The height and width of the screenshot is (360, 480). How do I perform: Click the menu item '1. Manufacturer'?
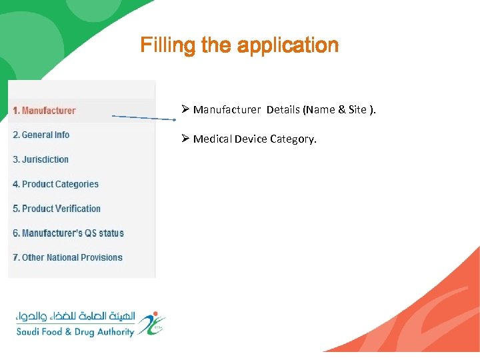[44, 111]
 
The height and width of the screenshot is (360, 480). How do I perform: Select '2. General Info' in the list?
[41, 135]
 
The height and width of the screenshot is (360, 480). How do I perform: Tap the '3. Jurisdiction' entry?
[41, 159]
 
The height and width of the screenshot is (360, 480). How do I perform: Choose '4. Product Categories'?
[55, 184]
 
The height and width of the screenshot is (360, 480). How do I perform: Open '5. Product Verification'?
[57, 209]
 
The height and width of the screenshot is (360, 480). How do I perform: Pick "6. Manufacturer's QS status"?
[68, 233]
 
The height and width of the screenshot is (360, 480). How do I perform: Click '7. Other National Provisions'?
[67, 257]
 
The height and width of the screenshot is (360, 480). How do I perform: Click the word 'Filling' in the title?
[161, 45]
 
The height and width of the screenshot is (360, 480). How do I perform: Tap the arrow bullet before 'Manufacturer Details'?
[185, 109]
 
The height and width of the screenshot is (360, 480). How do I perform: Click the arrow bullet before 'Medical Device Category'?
[185, 139]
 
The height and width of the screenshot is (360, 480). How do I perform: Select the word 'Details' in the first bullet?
[283, 109]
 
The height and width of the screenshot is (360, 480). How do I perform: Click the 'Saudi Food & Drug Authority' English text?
[75, 332]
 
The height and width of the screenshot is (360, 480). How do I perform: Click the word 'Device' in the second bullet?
[251, 139]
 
